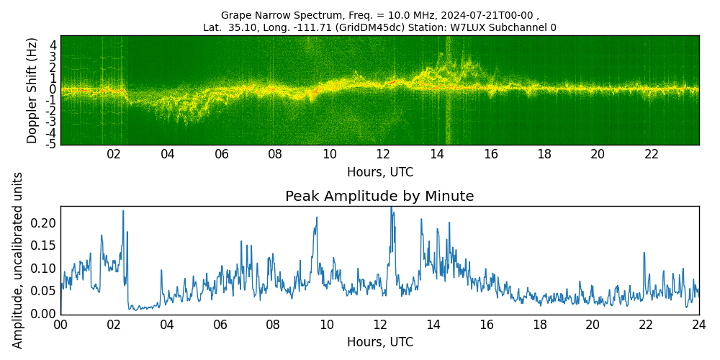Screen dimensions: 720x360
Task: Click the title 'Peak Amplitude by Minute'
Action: click(x=379, y=196)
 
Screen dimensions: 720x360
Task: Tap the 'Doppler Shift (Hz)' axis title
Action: click(x=31, y=90)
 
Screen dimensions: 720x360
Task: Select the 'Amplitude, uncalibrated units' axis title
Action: click(x=17, y=261)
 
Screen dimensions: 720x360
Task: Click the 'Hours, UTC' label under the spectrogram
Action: click(x=379, y=172)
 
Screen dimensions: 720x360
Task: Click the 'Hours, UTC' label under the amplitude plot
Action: click(x=379, y=341)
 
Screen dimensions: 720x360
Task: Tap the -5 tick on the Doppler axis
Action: click(x=50, y=144)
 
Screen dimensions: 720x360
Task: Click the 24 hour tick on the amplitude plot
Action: click(x=699, y=325)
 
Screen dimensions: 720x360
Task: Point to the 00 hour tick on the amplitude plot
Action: click(x=60, y=325)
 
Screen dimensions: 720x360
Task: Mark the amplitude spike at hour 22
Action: click(x=644, y=253)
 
